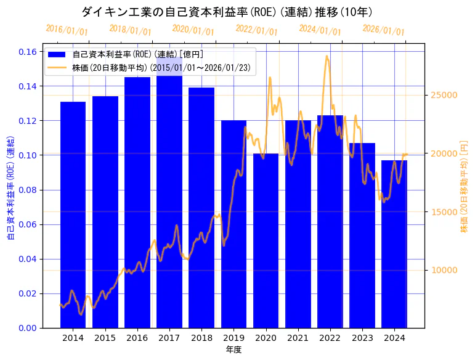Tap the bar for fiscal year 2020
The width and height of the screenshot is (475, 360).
coord(266,240)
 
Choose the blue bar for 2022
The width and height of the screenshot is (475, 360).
coord(330,221)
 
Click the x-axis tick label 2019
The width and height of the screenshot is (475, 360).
coord(233,338)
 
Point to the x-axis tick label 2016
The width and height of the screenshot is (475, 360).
coord(137,338)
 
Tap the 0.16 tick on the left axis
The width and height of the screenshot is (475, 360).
coord(27,52)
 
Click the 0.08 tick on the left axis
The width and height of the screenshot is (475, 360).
coord(27,190)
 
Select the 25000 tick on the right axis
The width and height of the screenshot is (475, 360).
coord(442,95)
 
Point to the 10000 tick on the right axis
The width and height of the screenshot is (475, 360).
coord(442,270)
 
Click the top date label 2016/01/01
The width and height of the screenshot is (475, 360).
coord(67,30)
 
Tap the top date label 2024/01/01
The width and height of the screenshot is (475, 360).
coord(320,30)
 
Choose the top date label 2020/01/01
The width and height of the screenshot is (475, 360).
coord(193,30)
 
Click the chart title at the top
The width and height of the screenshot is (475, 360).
coord(227,12)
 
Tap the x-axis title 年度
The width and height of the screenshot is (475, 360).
coord(233,350)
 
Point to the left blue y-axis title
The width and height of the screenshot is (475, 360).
coord(10,186)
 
